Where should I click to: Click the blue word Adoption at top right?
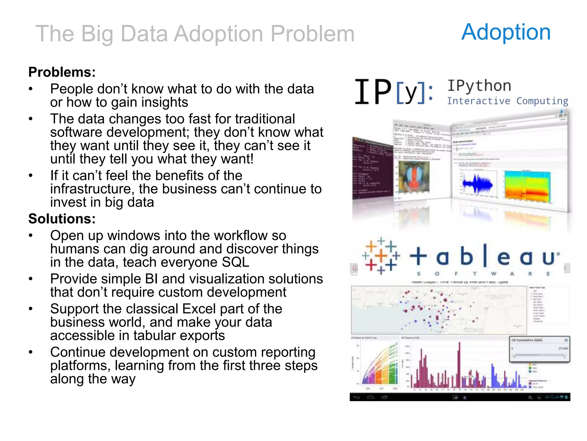pos(506,32)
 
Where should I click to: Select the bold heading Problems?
pos(62,72)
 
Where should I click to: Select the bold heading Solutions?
pos(62,219)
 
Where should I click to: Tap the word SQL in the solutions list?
pos(235,262)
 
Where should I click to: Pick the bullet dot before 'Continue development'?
pos(31,352)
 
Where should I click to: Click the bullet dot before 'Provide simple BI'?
pos(31,279)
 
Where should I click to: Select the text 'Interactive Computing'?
pos(507,101)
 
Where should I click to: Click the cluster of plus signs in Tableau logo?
pos(381,255)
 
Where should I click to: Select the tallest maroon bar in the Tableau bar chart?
pos(459,365)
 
